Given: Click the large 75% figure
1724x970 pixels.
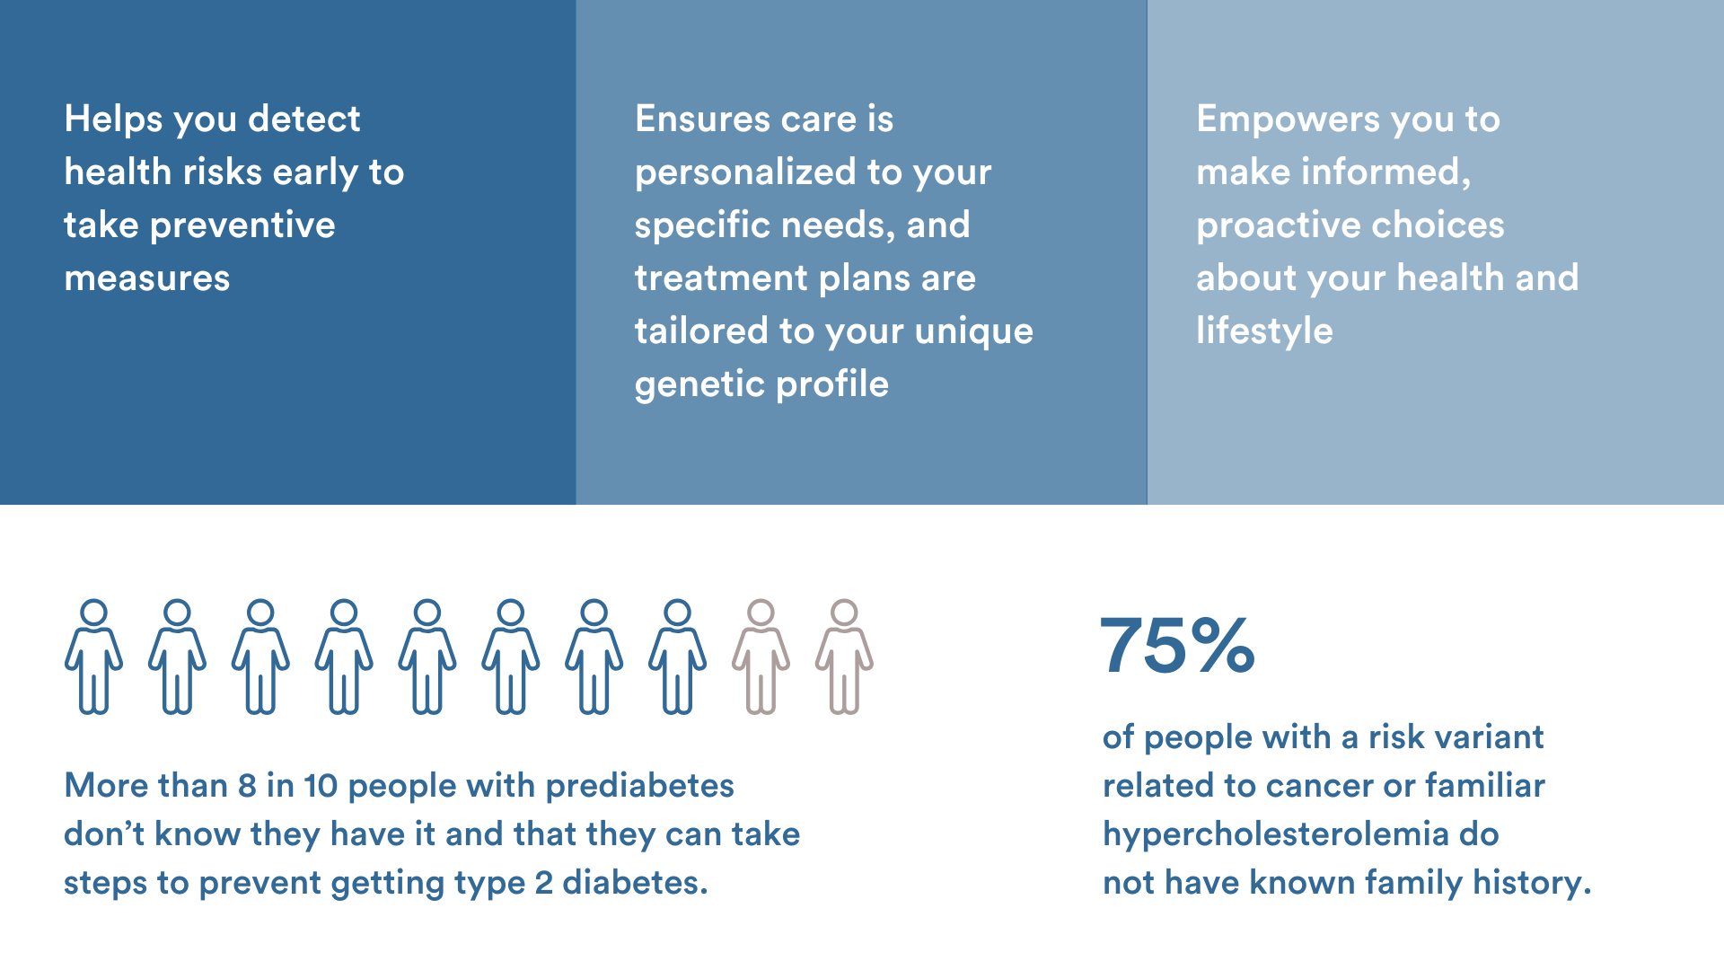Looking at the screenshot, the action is point(1177,645).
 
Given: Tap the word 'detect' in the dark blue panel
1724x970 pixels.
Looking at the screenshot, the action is point(303,119).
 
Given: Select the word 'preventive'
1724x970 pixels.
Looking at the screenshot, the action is point(242,225).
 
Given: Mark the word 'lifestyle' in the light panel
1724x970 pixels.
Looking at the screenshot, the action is point(1264,331).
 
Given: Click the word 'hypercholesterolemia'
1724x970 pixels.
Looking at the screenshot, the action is point(1276,834).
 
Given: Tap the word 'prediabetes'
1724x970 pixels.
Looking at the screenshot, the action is point(640,786).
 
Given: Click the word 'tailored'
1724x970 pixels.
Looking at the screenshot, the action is point(701,331).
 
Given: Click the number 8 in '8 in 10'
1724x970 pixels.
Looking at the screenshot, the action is point(248,786).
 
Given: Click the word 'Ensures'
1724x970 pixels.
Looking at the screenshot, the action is point(702,119).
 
